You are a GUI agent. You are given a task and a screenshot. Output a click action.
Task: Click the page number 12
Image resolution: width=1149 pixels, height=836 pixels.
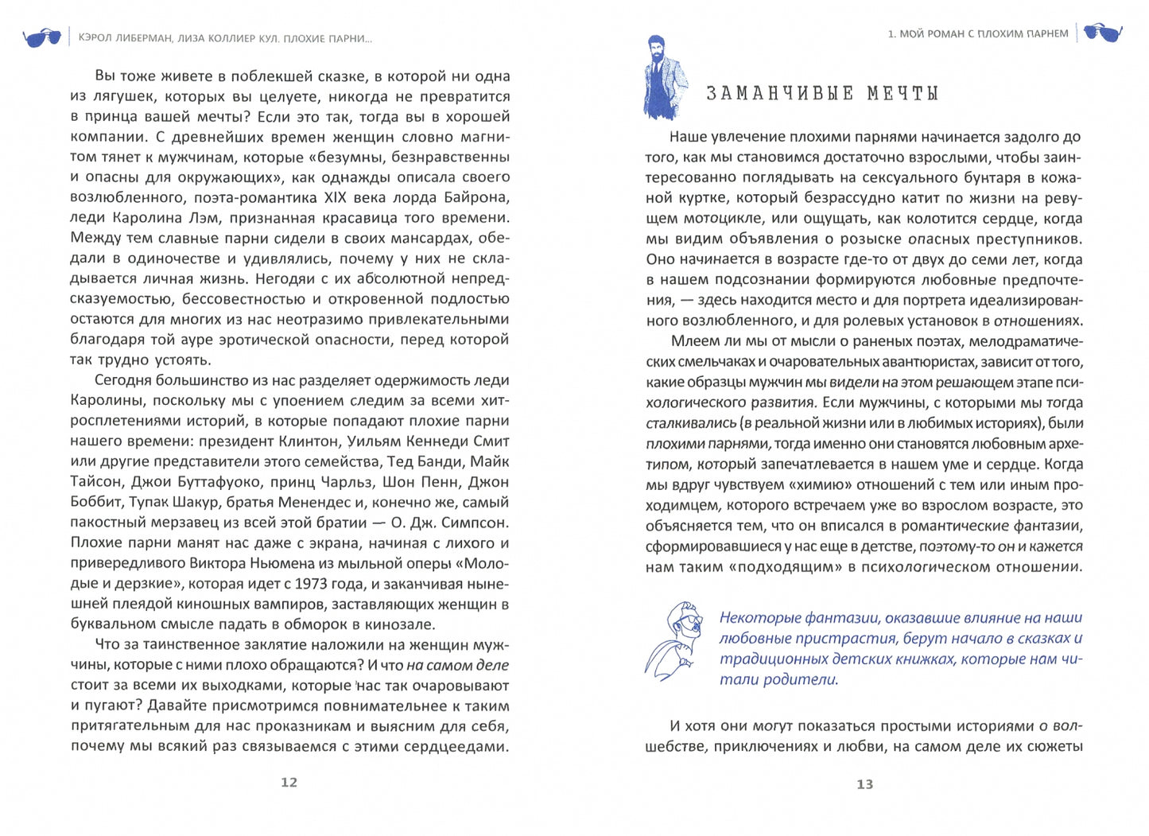289,783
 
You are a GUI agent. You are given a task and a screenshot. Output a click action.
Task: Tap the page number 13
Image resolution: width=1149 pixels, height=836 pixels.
864,784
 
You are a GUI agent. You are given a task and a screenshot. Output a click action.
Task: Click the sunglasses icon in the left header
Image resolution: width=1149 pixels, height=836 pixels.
41,37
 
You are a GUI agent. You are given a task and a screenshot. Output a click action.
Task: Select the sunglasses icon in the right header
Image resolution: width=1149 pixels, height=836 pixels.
1103,33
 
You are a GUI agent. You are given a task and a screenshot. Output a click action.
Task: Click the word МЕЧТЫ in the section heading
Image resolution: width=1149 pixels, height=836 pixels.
903,94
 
